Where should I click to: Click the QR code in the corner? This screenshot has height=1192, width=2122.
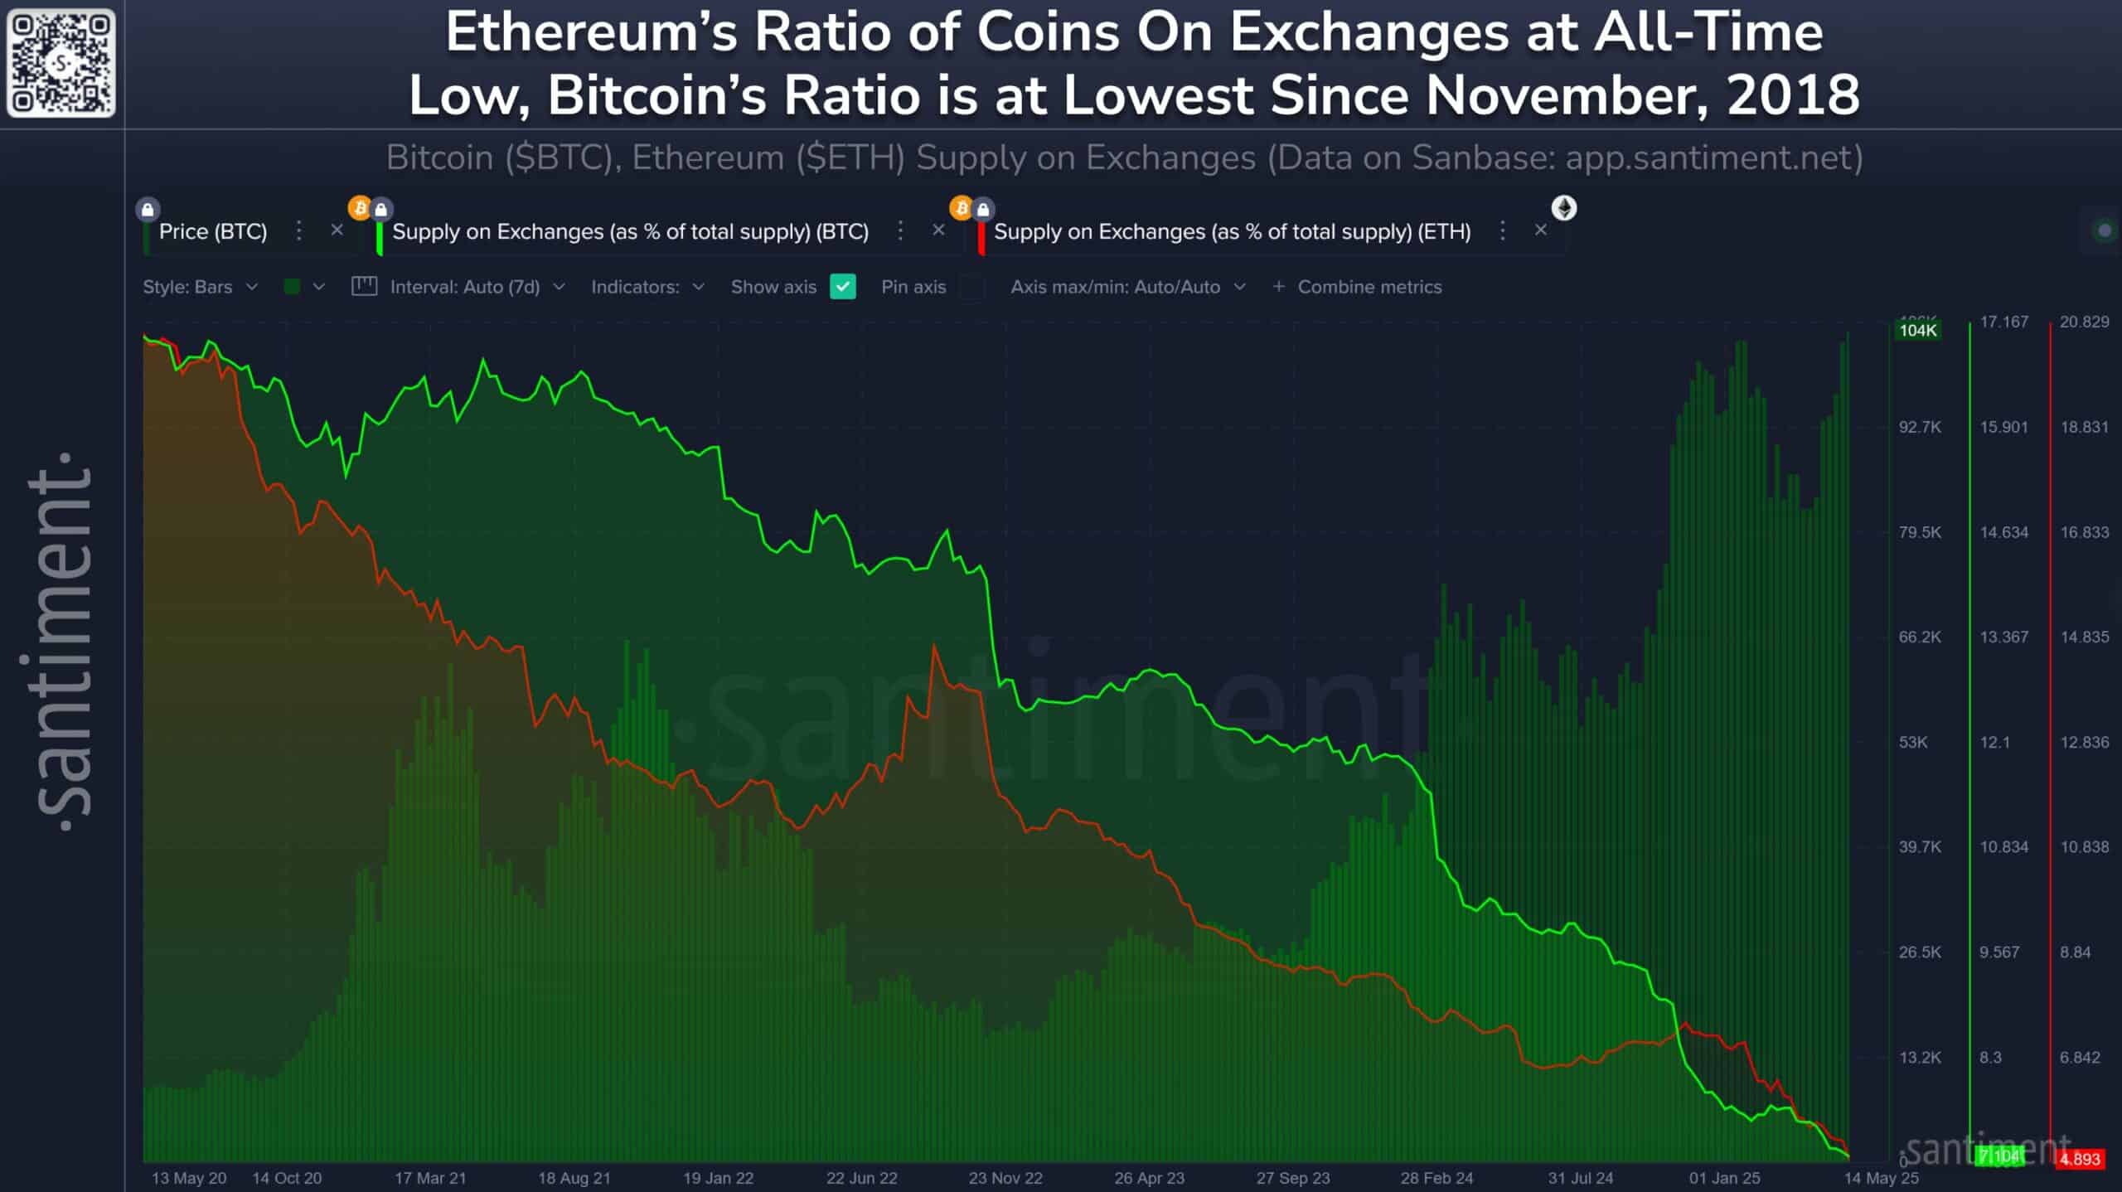click(x=61, y=62)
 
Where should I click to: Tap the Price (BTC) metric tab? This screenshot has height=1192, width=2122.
click(x=212, y=231)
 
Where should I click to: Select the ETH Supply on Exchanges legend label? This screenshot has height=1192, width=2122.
click(x=1232, y=231)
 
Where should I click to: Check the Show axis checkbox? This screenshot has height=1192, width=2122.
click(x=842, y=287)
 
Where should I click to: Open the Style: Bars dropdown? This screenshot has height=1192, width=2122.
click(x=200, y=287)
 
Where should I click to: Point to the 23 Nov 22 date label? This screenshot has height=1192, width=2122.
click(x=1005, y=1178)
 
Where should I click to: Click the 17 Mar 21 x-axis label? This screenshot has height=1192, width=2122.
click(x=430, y=1178)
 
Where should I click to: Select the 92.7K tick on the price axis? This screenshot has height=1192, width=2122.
click(x=1920, y=427)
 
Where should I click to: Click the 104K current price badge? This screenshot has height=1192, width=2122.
click(x=1918, y=330)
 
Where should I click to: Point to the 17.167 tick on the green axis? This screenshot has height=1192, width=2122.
click(x=2003, y=322)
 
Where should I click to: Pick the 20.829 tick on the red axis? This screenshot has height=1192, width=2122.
click(x=2084, y=322)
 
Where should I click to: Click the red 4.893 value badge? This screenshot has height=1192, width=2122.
click(x=2080, y=1159)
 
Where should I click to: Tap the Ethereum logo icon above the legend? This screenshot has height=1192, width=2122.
click(x=1564, y=207)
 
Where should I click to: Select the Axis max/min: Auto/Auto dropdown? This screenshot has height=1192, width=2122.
click(x=1127, y=287)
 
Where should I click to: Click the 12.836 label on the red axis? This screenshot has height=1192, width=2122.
click(x=2084, y=742)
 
